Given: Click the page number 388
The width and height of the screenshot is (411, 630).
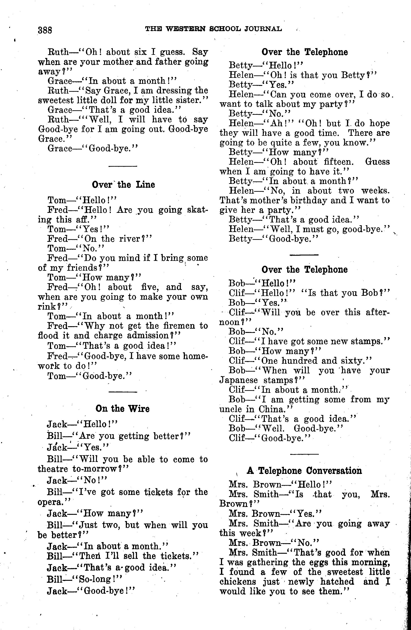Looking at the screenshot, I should pyautogui.click(x=45, y=30).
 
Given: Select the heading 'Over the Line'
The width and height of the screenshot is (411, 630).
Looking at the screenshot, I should pyautogui.click(x=123, y=184).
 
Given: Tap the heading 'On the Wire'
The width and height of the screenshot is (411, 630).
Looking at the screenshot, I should pyautogui.click(x=122, y=409).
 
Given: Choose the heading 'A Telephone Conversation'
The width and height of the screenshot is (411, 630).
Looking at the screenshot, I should pyautogui.click(x=304, y=470).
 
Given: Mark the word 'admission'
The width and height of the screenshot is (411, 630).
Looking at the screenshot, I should pyautogui.click(x=148, y=335).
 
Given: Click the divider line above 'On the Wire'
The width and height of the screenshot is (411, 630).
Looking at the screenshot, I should pyautogui.click(x=123, y=392).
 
